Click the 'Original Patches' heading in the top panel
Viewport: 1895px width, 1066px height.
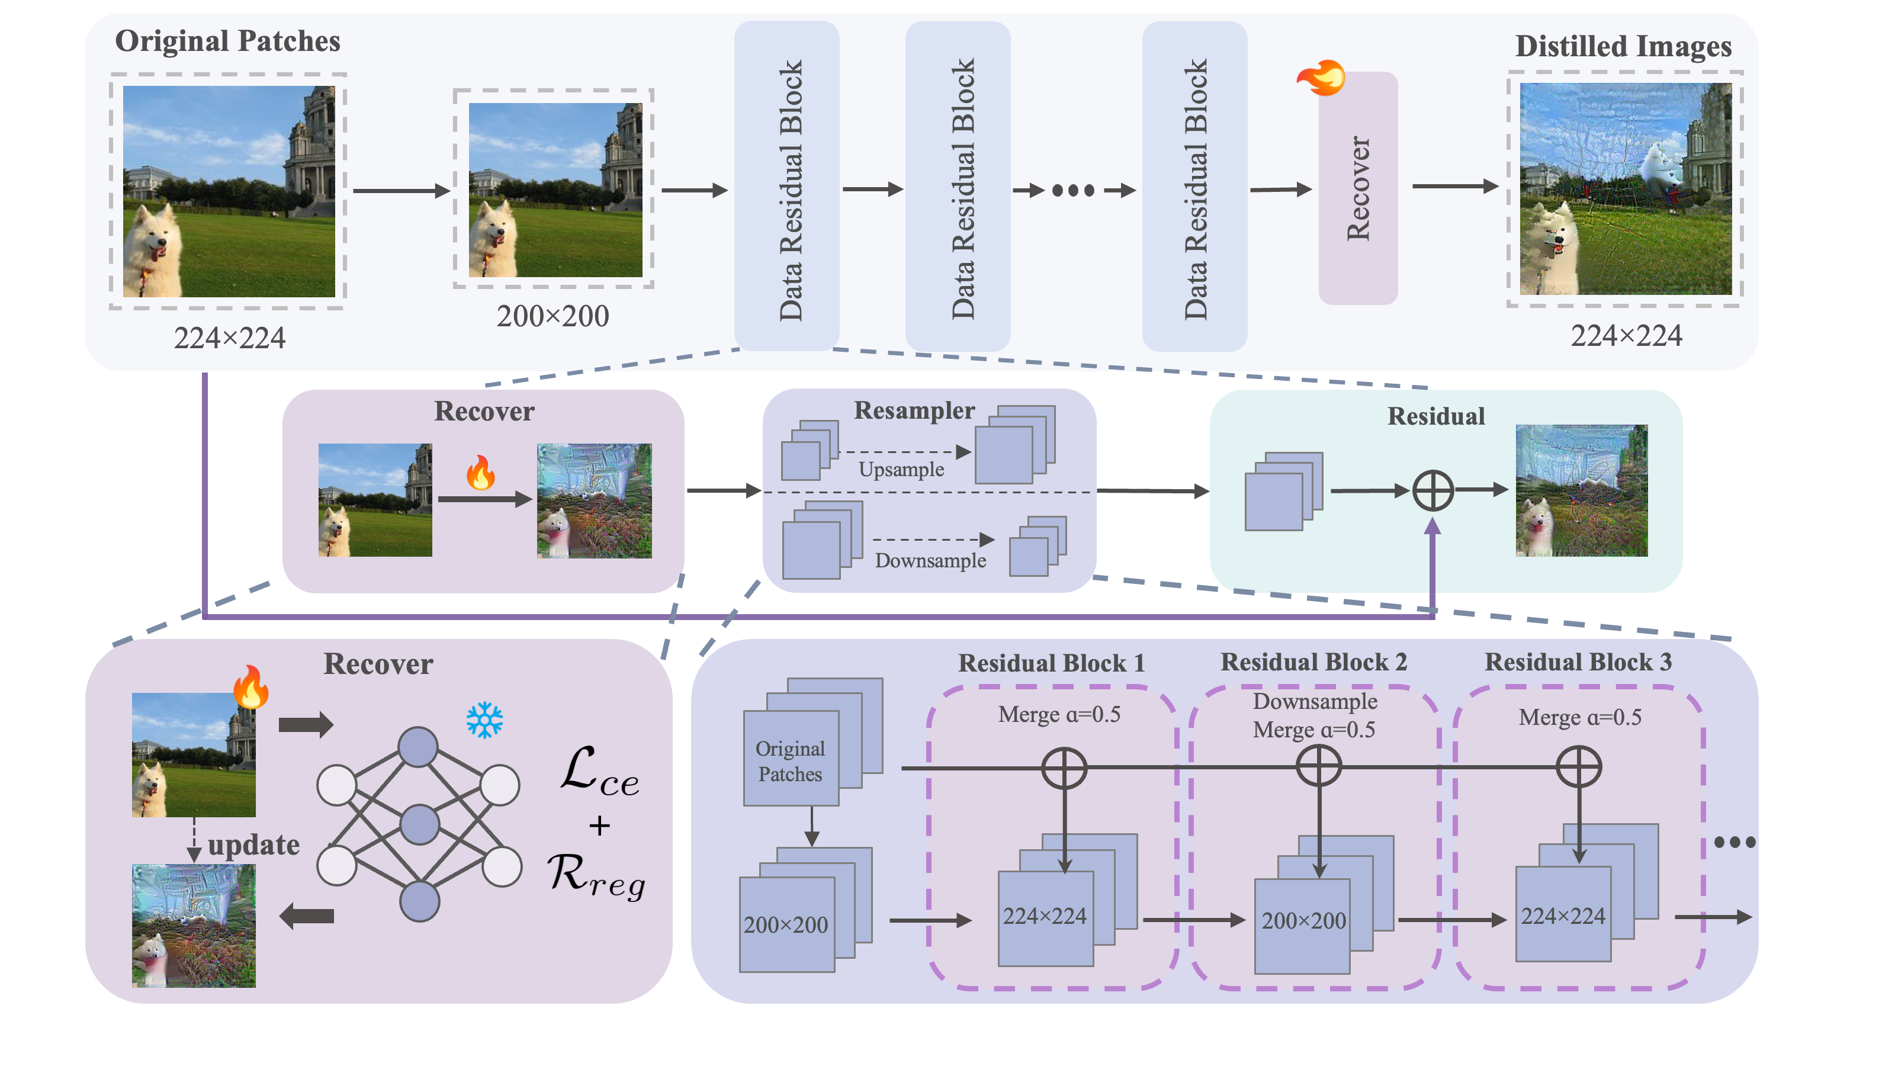227,41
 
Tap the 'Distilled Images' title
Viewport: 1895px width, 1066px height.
1623,46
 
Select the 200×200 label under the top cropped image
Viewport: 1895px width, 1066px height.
553,316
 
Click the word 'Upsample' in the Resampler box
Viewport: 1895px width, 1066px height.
901,470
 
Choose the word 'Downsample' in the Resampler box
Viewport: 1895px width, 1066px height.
930,561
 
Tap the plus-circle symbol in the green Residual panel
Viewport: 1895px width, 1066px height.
1433,491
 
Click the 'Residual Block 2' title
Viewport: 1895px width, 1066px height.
1314,662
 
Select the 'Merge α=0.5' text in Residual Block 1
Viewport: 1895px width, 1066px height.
1059,714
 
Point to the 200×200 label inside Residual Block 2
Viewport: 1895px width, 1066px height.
1303,921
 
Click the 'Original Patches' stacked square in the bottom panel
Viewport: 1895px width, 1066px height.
791,760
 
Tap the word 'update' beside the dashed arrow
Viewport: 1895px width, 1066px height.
254,845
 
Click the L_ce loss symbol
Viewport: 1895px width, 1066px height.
599,772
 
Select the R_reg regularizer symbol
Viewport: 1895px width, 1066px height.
596,875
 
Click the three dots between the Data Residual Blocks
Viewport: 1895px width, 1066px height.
1073,191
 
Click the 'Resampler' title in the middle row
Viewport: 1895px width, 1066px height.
914,410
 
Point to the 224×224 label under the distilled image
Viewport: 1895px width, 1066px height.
1626,336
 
